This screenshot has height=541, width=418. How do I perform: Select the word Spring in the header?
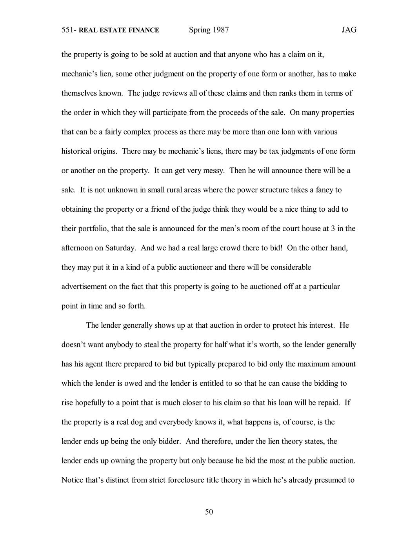click(200, 30)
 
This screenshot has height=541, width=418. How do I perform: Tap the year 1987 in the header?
click(221, 30)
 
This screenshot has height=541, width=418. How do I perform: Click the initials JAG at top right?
click(349, 30)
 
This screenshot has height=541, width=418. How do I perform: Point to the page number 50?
click(209, 512)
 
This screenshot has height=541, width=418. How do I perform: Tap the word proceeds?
click(235, 113)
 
